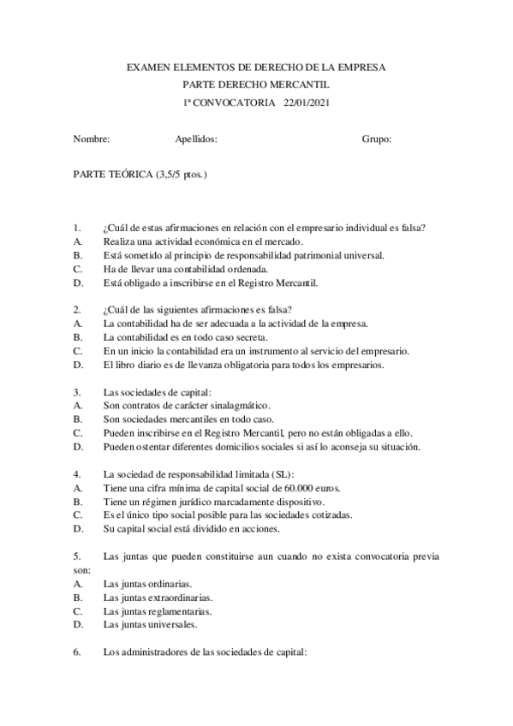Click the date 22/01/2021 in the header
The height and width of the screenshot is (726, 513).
306,103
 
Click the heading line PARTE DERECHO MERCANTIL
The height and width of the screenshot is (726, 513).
256,85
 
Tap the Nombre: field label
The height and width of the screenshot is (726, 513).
92,139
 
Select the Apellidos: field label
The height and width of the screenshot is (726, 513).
196,139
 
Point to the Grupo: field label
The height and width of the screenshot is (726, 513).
377,139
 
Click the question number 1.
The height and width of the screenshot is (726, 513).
77,228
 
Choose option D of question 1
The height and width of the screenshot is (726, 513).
78,282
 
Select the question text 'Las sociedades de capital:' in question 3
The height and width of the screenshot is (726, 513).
152,391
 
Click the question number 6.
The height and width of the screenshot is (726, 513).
77,652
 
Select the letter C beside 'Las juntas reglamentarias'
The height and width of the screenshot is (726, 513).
78,611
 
